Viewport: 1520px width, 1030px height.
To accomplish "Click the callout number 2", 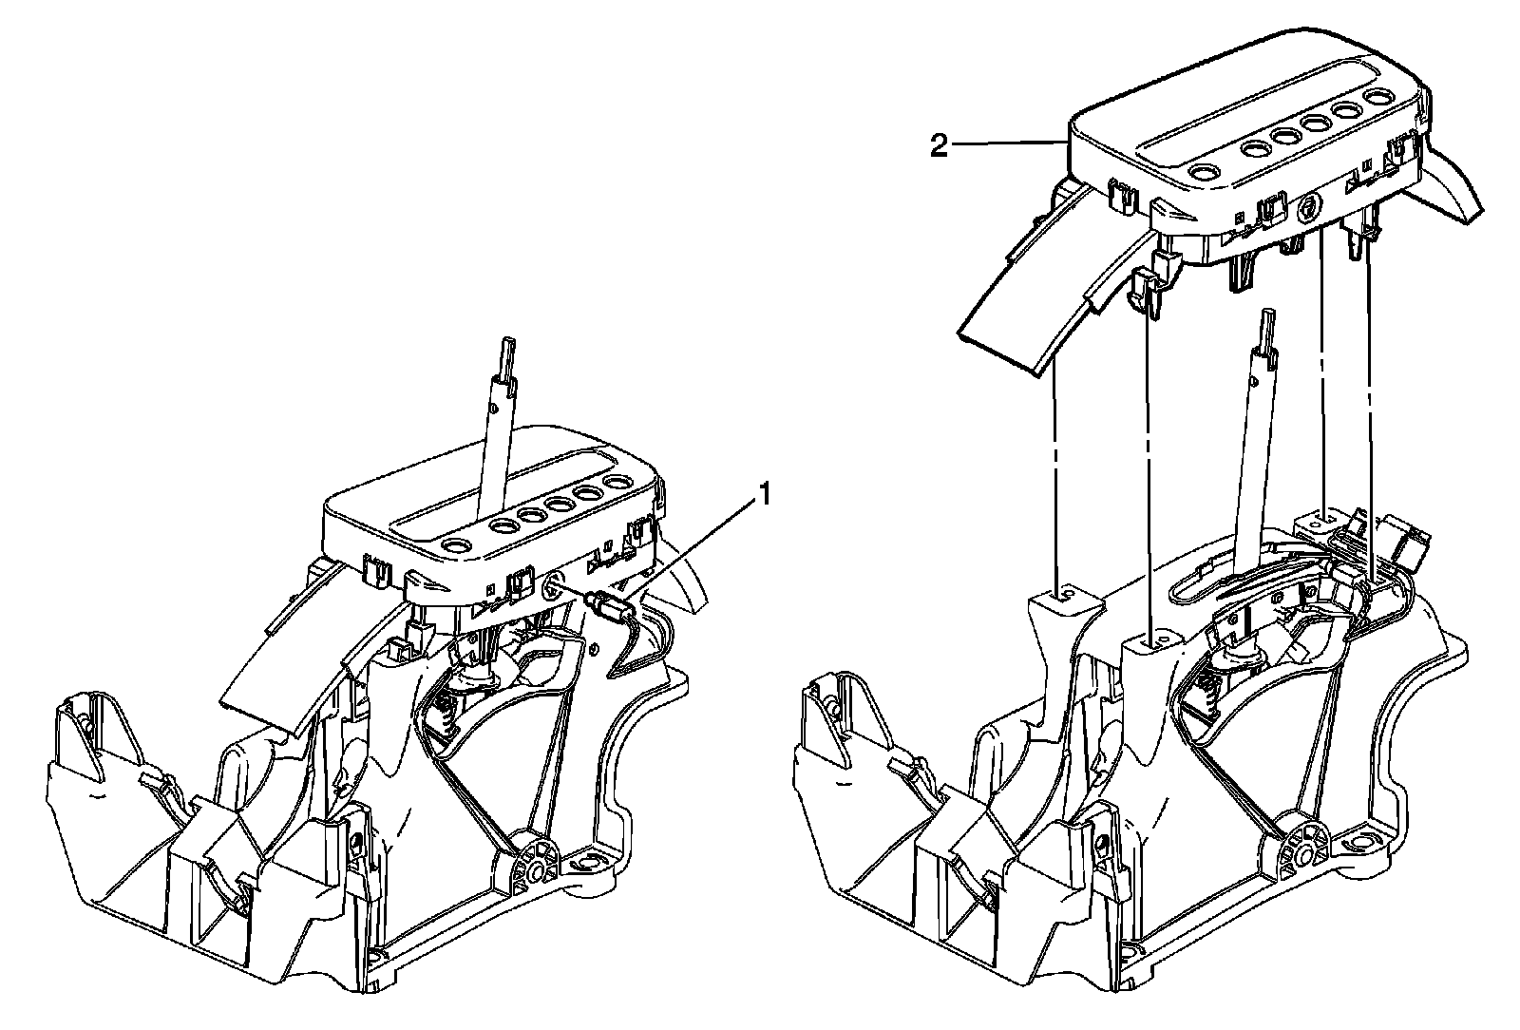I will tap(939, 147).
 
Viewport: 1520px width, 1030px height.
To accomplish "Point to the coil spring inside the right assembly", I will tap(1207, 688).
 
